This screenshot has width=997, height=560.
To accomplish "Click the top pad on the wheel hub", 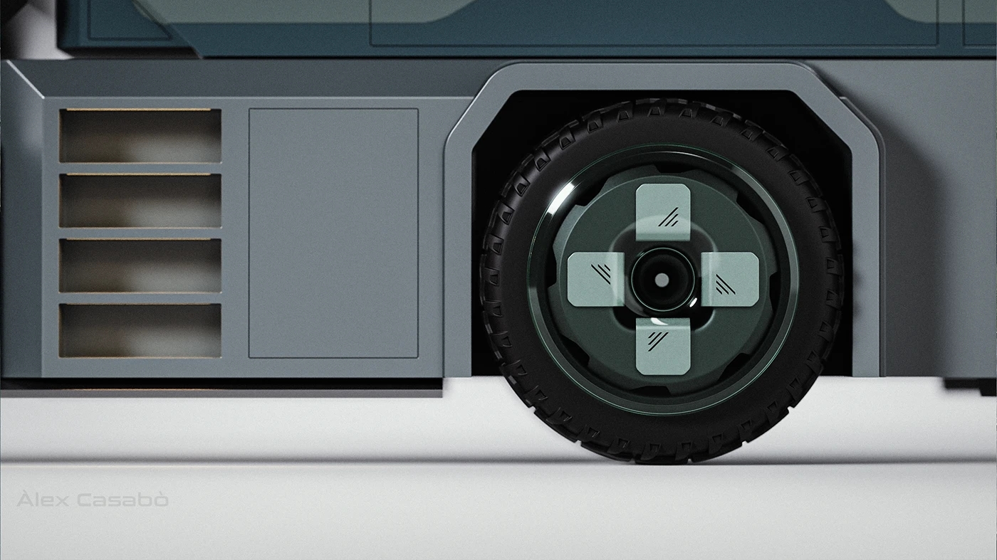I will [663, 211].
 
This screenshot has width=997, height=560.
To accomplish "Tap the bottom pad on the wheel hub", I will [663, 347].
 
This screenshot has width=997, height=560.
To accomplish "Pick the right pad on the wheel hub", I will [730, 279].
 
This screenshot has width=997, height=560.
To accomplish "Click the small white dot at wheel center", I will [662, 280].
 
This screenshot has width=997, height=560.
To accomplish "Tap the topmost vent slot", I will [140, 135].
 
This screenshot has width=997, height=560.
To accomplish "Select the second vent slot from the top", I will [140, 201].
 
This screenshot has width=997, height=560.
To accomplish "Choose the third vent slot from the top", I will [140, 265].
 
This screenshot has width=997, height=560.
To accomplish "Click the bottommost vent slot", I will [140, 330].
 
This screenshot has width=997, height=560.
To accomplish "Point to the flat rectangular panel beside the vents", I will [333, 233].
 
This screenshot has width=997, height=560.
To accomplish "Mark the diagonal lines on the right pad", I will [725, 285].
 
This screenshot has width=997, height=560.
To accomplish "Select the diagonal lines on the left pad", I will [601, 272].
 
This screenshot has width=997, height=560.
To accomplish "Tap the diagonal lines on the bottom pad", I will [658, 339].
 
